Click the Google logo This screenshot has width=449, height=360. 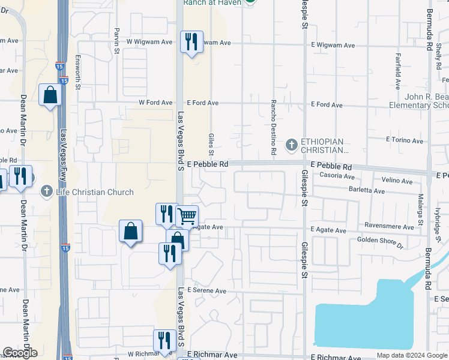pyautogui.click(x=20, y=353)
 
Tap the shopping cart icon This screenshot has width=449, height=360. pyautogui.click(x=187, y=215)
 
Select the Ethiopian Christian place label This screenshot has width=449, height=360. pyautogui.click(x=324, y=146)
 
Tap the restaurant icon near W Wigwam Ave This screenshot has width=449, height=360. pyautogui.click(x=191, y=42)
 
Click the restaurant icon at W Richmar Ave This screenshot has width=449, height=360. pyautogui.click(x=164, y=340)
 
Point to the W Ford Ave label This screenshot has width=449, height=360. pyautogui.click(x=155, y=103)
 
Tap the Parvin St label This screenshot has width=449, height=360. pyautogui.click(x=117, y=41)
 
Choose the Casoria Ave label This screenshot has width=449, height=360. pyautogui.click(x=337, y=176)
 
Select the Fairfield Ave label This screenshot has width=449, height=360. pyautogui.click(x=397, y=70)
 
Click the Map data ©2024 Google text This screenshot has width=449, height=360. pyautogui.click(x=411, y=355)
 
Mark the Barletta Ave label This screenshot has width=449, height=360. pyautogui.click(x=367, y=190)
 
